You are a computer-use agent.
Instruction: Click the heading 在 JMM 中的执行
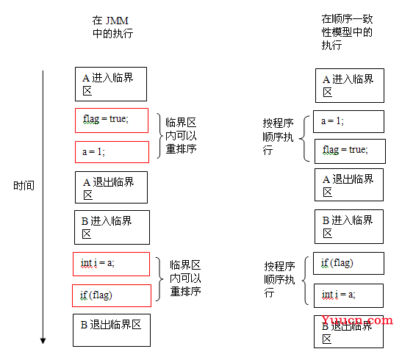click(112, 27)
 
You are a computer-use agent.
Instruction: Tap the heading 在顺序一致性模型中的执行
click(347, 32)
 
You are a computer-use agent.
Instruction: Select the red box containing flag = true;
click(112, 120)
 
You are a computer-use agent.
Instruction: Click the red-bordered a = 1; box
click(112, 152)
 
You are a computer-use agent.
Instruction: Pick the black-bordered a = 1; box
click(348, 121)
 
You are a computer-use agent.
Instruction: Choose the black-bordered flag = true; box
click(350, 151)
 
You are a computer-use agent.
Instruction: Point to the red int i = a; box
click(111, 264)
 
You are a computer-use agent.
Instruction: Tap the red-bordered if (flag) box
click(112, 295)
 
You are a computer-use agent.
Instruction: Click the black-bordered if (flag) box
click(348, 264)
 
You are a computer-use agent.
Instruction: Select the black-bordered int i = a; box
click(348, 295)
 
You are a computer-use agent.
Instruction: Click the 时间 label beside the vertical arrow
click(24, 185)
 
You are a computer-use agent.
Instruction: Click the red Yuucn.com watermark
click(357, 320)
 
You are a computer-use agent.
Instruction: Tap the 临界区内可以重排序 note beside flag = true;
click(181, 135)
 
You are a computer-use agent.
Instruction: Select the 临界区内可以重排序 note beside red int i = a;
click(185, 278)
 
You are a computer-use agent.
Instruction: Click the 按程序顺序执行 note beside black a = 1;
click(279, 137)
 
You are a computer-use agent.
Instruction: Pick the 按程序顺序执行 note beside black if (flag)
click(280, 279)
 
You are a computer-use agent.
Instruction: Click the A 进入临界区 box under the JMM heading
click(111, 84)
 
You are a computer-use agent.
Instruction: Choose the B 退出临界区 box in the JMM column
click(112, 330)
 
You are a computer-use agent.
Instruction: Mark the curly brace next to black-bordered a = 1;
click(304, 139)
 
